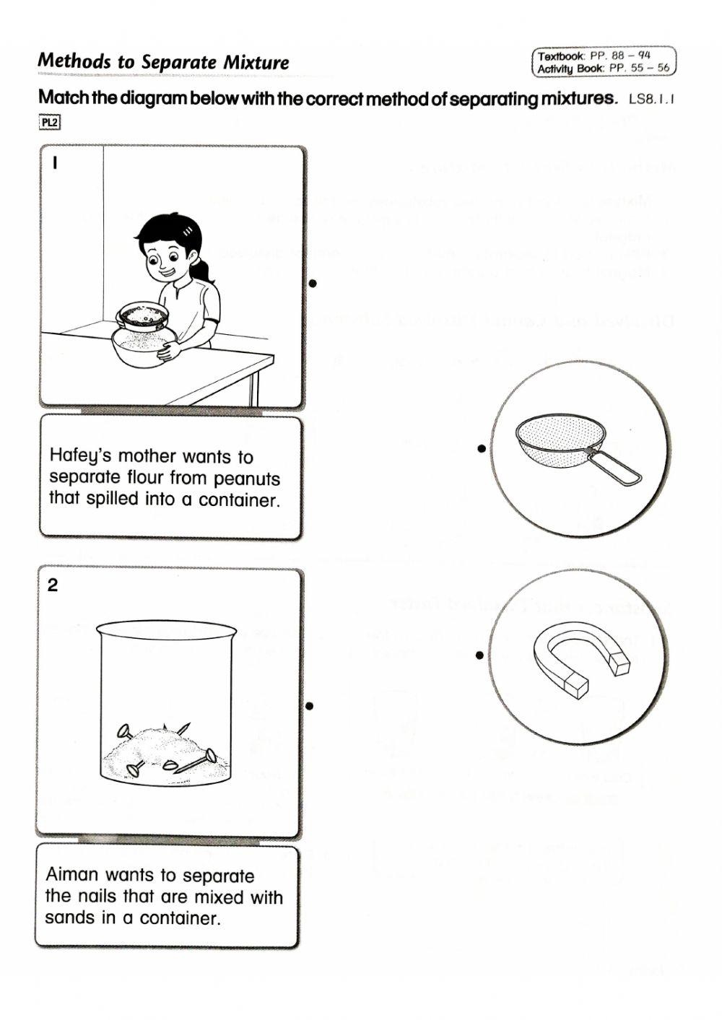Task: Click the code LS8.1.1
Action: point(651,100)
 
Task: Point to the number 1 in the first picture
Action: point(53,163)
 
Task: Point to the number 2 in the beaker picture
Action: point(52,585)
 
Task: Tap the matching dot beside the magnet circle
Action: point(479,655)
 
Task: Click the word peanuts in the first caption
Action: point(247,479)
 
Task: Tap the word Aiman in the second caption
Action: point(71,875)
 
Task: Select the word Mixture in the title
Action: point(256,62)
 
